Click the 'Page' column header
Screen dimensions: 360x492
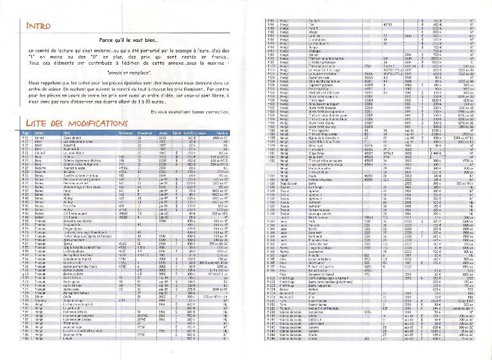(25, 150)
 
